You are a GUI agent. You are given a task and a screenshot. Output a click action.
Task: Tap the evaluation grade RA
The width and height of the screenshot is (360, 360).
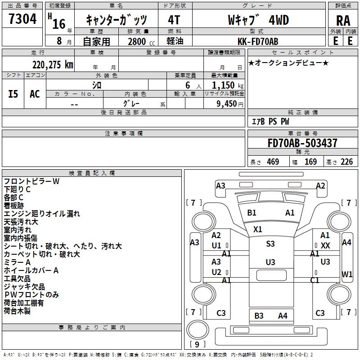[x=343, y=20]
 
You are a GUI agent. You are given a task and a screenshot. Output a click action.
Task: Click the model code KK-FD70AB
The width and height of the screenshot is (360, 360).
[x=258, y=41]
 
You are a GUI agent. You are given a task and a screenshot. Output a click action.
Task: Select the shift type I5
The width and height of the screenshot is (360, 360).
[x=13, y=94]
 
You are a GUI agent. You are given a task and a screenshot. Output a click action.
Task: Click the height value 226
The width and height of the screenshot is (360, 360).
[x=346, y=162]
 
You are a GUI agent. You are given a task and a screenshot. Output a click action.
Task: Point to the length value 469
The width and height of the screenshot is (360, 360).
[x=273, y=162]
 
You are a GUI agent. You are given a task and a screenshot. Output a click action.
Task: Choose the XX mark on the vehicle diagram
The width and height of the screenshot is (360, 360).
[x=325, y=245]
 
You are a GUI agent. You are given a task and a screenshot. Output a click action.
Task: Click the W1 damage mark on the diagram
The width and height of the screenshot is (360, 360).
[x=346, y=274]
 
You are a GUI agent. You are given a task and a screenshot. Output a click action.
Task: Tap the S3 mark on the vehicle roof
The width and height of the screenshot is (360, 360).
[x=270, y=243]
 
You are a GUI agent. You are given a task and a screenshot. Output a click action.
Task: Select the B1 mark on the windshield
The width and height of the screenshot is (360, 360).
[x=252, y=212]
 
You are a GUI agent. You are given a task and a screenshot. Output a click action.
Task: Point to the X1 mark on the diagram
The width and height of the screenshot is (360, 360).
[x=257, y=229]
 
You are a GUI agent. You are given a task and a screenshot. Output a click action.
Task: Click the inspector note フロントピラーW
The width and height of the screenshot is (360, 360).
[x=31, y=181]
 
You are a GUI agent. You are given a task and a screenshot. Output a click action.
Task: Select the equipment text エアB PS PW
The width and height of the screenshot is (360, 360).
[x=270, y=121]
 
